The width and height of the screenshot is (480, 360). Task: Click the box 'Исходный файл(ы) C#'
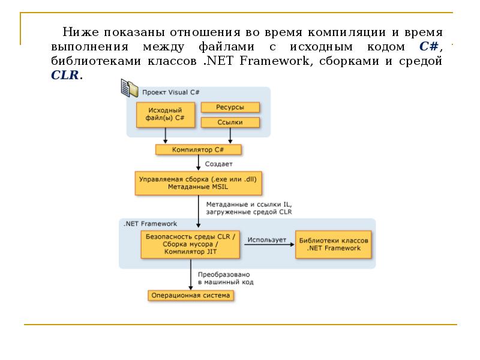coord(165,115)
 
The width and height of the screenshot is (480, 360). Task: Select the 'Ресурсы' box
coord(230,107)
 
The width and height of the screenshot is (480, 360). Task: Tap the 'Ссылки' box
coord(230,122)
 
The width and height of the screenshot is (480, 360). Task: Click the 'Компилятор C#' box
coord(198,149)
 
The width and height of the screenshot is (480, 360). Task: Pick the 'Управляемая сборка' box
coord(199,183)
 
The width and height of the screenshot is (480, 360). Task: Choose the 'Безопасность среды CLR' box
coord(191,244)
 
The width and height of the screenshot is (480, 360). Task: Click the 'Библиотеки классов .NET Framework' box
coord(334,244)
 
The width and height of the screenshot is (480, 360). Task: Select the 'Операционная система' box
coord(190,295)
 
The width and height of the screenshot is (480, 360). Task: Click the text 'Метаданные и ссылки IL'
coord(248,204)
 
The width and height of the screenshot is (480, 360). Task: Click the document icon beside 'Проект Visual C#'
coord(129,88)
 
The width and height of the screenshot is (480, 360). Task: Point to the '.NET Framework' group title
coord(150,223)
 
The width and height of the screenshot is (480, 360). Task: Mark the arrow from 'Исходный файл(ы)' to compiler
coord(165,136)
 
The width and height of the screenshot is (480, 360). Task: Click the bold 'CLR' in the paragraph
coord(64,76)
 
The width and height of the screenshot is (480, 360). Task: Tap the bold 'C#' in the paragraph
coord(430,47)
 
